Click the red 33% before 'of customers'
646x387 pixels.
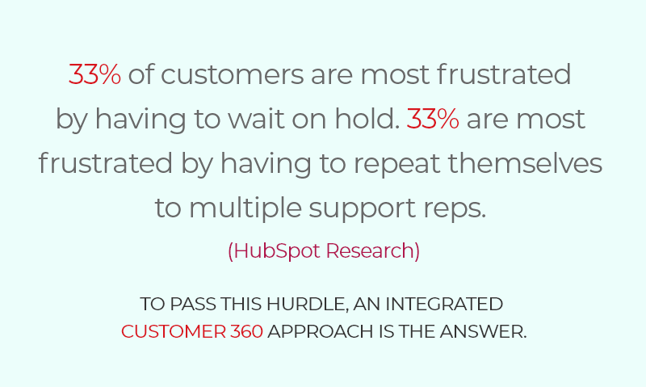coord(94,74)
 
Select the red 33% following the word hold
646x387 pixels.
coord(433,119)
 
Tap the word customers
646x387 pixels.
coord(232,74)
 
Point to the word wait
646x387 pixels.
coord(256,119)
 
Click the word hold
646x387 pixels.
coord(367,118)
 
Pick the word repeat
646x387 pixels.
coord(397,164)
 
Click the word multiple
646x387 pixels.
coord(245,208)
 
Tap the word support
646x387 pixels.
coord(362,209)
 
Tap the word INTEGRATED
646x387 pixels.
coord(444,304)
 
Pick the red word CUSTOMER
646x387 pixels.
coord(174,332)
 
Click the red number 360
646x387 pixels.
coord(246,332)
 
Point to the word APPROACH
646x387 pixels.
coord(321,332)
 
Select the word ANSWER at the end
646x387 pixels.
coord(483,332)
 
